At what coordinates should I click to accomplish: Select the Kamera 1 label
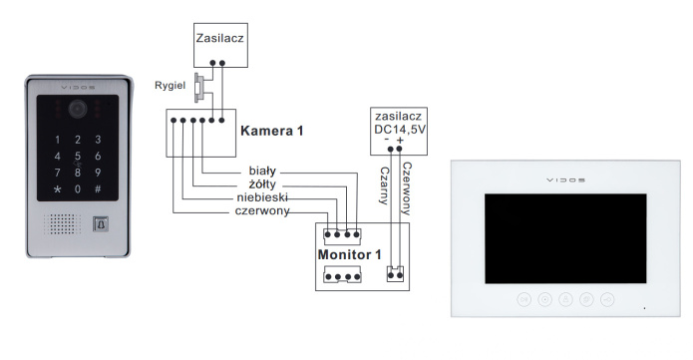click(x=272, y=131)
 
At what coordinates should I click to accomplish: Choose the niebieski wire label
click(x=254, y=197)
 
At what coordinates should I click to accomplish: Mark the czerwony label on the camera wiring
click(x=262, y=211)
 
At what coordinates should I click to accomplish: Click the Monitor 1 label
click(x=349, y=254)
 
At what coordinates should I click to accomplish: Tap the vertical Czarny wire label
click(x=383, y=184)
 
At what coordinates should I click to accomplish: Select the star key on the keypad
click(x=57, y=189)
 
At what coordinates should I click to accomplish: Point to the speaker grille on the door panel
click(x=57, y=224)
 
